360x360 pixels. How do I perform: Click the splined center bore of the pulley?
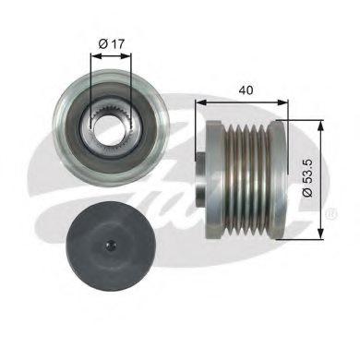pyautogui.click(x=108, y=125)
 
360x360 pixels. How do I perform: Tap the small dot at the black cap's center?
pyautogui.click(x=108, y=246)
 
